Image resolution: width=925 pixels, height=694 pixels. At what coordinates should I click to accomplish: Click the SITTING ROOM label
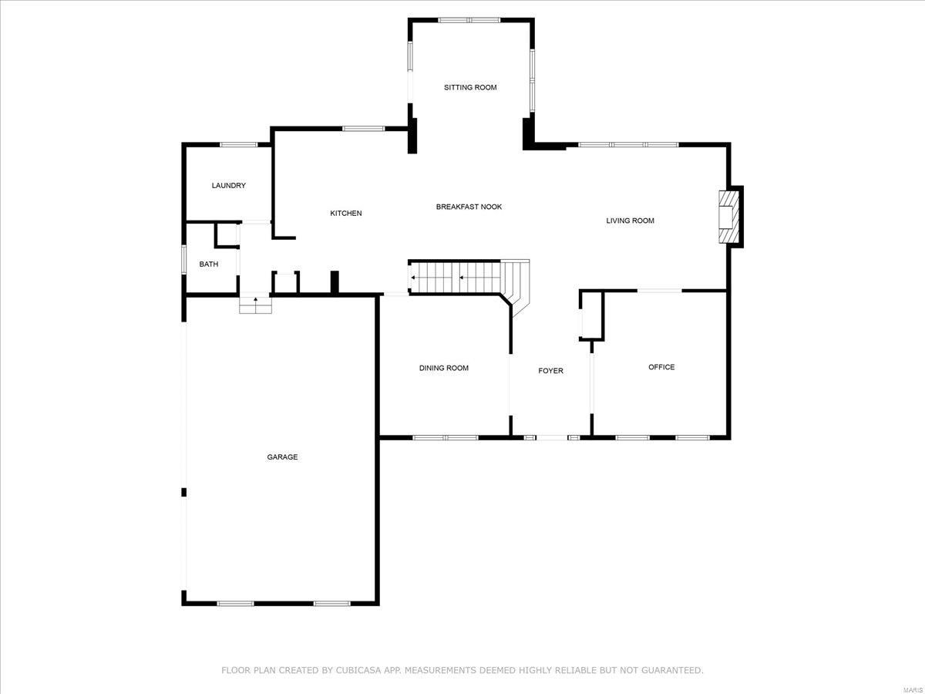[x=470, y=87]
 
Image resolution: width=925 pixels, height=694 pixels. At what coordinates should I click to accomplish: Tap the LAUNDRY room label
[x=229, y=185]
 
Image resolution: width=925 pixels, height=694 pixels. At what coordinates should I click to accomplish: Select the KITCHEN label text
[x=346, y=213]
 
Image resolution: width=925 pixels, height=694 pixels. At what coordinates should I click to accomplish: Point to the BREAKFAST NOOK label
[x=469, y=207]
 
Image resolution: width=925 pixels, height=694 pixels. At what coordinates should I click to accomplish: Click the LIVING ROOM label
[x=630, y=221]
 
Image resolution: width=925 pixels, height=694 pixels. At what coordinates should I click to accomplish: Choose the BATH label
[x=209, y=264]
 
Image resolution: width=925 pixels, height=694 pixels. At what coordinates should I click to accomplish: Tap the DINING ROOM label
[x=444, y=368]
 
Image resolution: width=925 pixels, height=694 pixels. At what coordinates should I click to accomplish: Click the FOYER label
[x=550, y=371]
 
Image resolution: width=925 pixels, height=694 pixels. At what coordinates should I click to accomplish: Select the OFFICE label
[x=661, y=367]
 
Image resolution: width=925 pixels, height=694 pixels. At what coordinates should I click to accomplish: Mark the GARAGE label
[x=282, y=457]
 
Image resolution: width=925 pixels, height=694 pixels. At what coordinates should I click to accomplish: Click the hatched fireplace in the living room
[x=727, y=217]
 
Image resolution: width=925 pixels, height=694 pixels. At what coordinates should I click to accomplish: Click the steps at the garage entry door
[x=255, y=305]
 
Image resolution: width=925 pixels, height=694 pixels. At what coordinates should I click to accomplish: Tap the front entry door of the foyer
[x=552, y=438]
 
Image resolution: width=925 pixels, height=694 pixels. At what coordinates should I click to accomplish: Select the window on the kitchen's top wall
[x=363, y=129]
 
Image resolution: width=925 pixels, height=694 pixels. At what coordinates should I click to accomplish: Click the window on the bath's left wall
[x=183, y=258]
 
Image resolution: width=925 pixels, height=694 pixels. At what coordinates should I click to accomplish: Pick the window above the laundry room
[x=239, y=144]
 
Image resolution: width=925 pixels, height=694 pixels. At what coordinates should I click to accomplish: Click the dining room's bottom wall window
[x=446, y=438]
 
